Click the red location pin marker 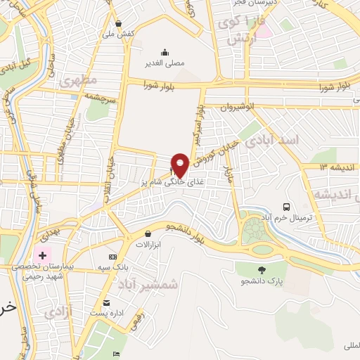180,165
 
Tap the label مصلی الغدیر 165,63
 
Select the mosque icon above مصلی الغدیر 165,51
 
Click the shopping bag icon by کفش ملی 118,23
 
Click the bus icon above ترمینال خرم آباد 286,207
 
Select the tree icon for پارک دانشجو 262,270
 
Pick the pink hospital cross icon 42,255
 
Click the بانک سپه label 115,269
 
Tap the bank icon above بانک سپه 113,257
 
